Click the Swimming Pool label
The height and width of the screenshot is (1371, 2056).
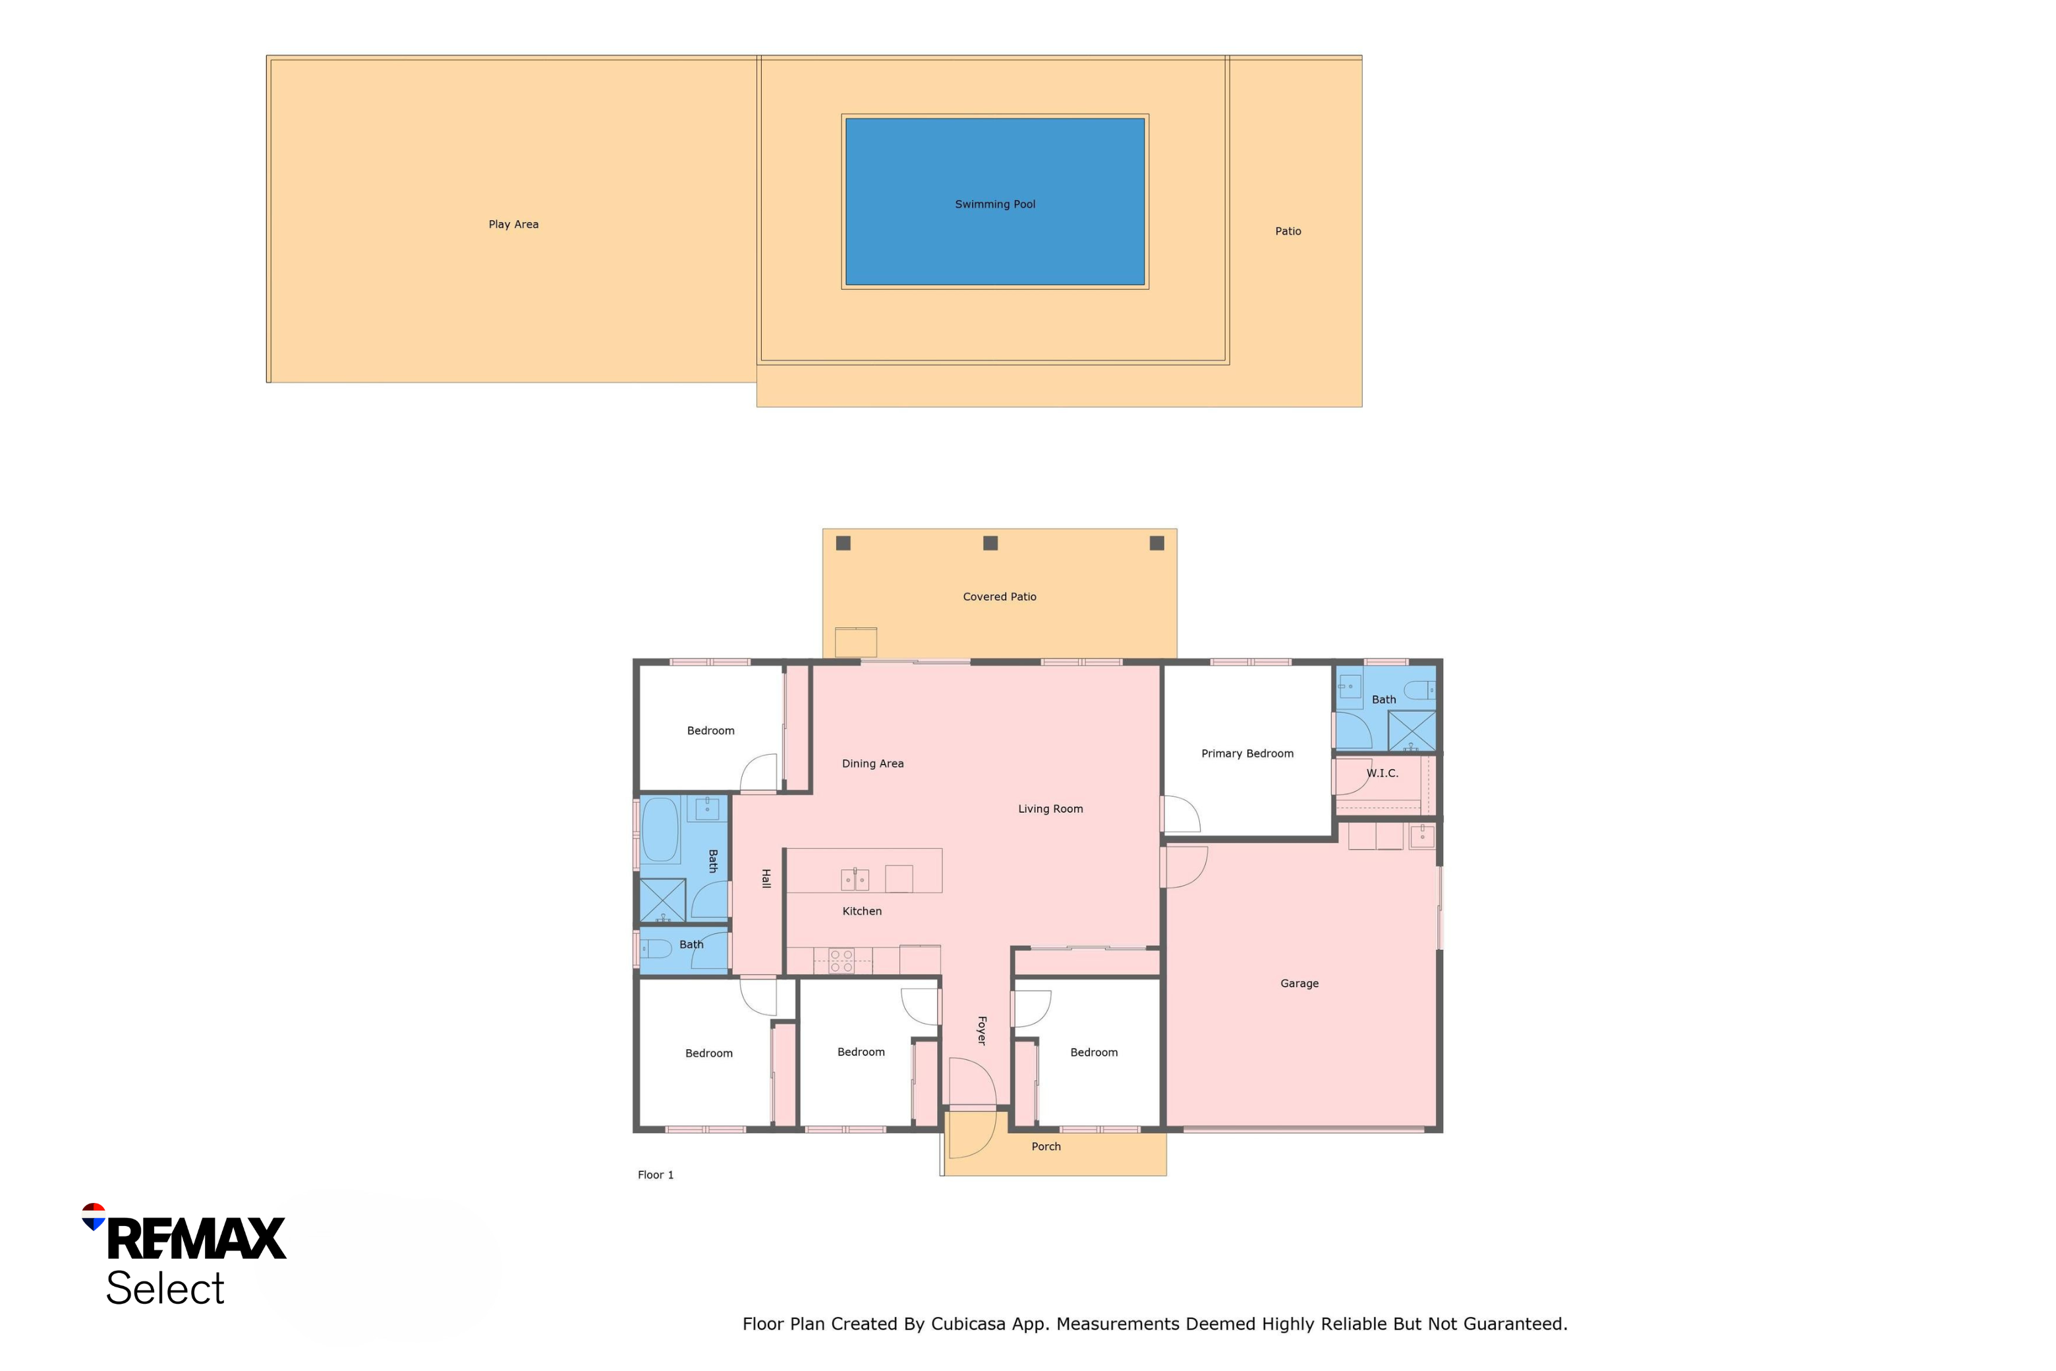click(995, 204)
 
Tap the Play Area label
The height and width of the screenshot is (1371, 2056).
click(513, 225)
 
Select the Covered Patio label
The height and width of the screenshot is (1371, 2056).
click(999, 597)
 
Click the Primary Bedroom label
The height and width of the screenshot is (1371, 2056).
click(1247, 753)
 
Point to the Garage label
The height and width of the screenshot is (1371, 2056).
click(1299, 983)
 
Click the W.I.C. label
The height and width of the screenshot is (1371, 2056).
click(1382, 773)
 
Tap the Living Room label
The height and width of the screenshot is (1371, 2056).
click(1050, 809)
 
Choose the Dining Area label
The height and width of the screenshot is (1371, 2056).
click(872, 763)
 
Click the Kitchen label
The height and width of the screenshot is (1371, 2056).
click(862, 911)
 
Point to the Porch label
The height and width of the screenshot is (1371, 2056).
click(1046, 1146)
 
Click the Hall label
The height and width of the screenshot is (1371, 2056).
click(766, 879)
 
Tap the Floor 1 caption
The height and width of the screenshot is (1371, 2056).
click(656, 1175)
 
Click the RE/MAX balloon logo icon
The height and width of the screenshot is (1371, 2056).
click(94, 1216)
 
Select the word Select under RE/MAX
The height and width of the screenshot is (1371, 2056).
click(165, 1288)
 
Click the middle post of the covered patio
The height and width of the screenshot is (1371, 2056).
click(990, 543)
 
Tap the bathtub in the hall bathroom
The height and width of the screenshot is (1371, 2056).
click(660, 830)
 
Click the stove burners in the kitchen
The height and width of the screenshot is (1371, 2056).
click(841, 961)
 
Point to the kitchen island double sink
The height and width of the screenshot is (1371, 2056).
click(855, 879)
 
